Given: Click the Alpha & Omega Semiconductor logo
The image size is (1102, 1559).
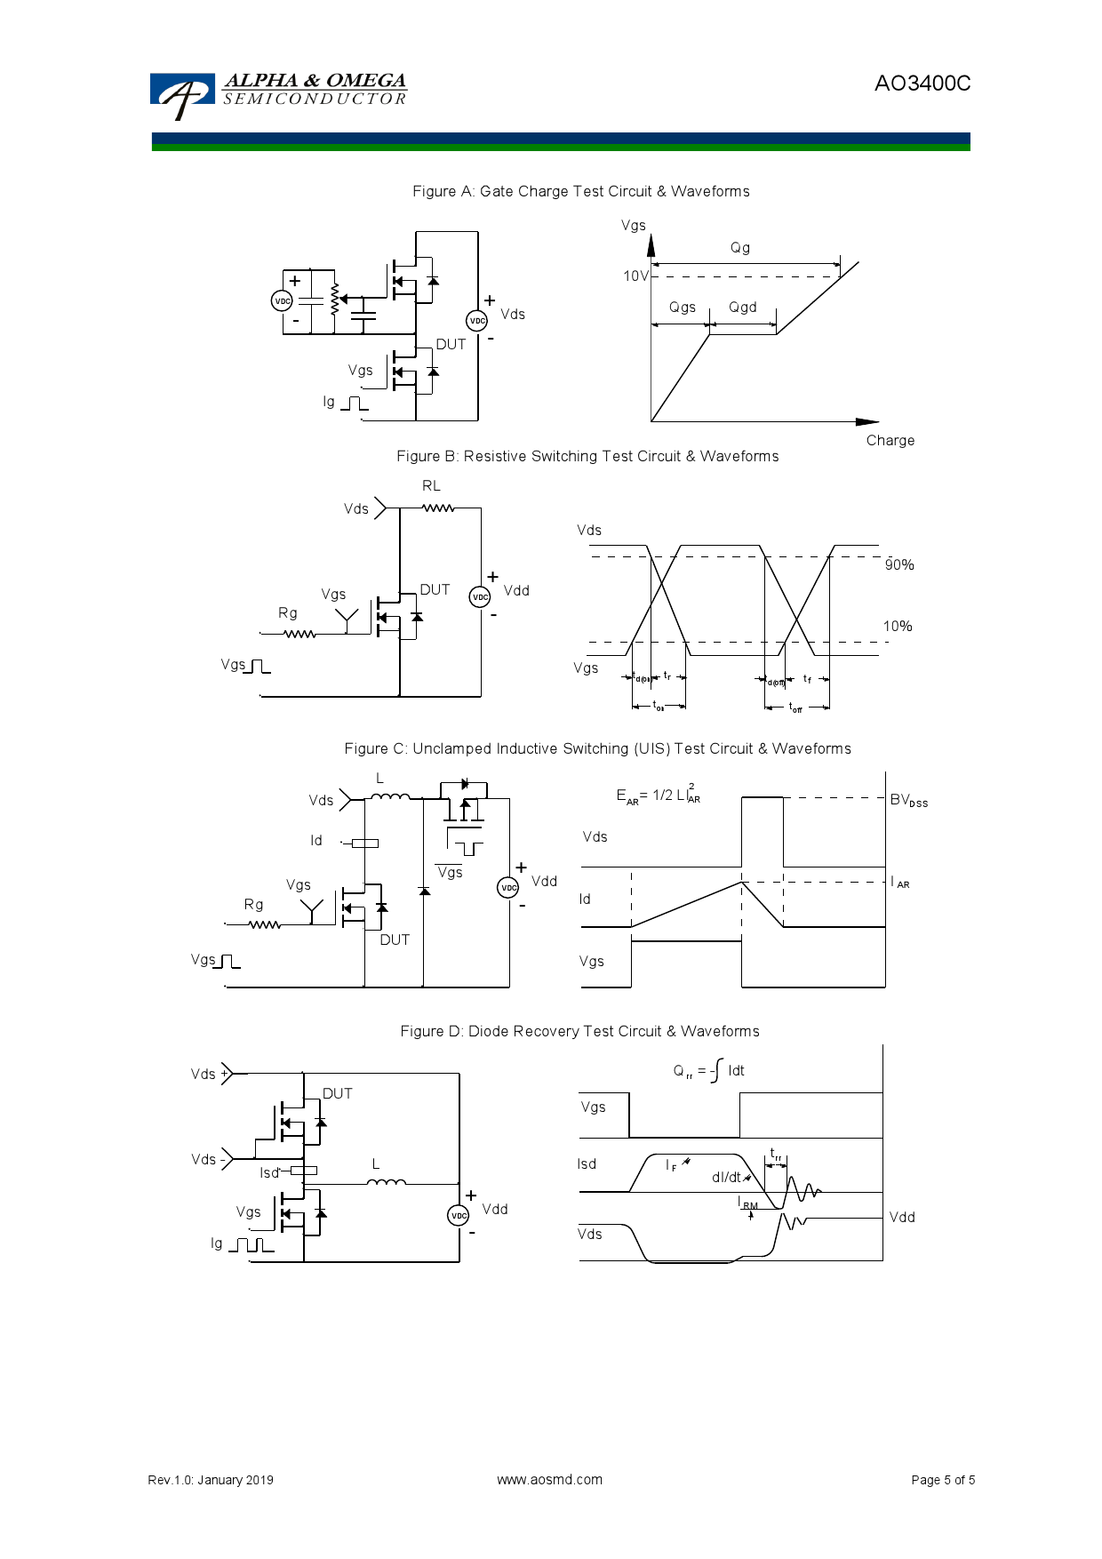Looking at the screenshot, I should pos(277,93).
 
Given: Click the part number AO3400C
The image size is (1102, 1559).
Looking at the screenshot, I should pos(922,84).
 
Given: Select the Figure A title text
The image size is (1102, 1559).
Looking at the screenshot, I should pos(580,191).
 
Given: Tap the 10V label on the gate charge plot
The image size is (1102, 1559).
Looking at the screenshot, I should pos(635,276).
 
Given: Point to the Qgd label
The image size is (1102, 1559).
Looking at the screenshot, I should pos(742,308).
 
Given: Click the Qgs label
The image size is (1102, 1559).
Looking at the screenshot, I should pos(682,308).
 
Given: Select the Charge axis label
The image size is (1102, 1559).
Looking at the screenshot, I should pos(890,440).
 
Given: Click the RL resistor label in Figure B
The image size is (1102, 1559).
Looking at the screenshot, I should pos(431,486).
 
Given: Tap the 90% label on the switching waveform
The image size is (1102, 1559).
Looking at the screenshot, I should pos(899,565).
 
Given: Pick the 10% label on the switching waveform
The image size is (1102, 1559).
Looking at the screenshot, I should pos(898,627).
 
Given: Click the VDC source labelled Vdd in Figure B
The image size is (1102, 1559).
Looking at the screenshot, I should pos(480,596).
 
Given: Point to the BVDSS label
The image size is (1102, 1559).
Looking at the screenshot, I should pos(908,800).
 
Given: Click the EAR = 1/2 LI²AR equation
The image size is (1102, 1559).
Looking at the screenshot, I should pos(658,795).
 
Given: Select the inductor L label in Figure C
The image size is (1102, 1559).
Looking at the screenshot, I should pos(379,779).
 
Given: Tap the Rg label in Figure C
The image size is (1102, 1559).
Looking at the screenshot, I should pos(253,905).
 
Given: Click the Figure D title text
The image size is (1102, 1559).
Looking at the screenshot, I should pos(579,1031).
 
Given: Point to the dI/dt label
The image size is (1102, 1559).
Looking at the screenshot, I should pos(726,1177).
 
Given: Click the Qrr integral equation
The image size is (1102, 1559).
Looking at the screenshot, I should pos(708,1070).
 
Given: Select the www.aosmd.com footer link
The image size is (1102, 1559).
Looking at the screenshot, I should pos(549,1480).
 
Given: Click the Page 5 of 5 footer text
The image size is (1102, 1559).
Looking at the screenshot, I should pos(942,1480).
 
